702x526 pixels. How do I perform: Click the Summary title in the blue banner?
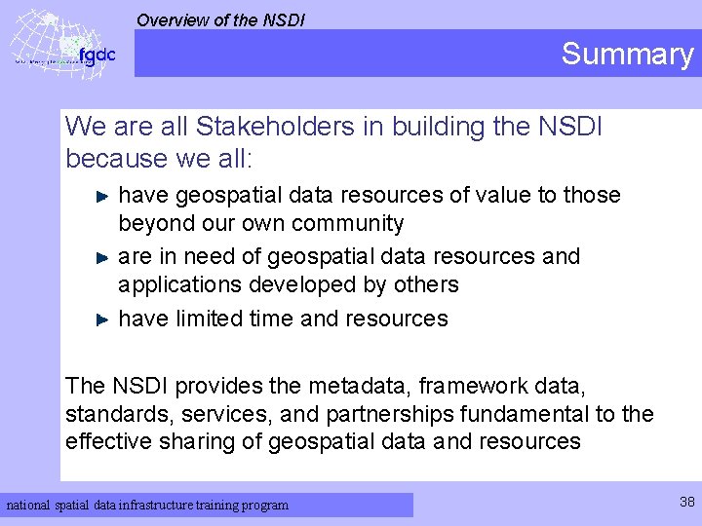pyautogui.click(x=627, y=54)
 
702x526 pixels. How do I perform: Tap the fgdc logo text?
pyautogui.click(x=97, y=55)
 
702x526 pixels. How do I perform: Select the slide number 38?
pyautogui.click(x=686, y=502)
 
